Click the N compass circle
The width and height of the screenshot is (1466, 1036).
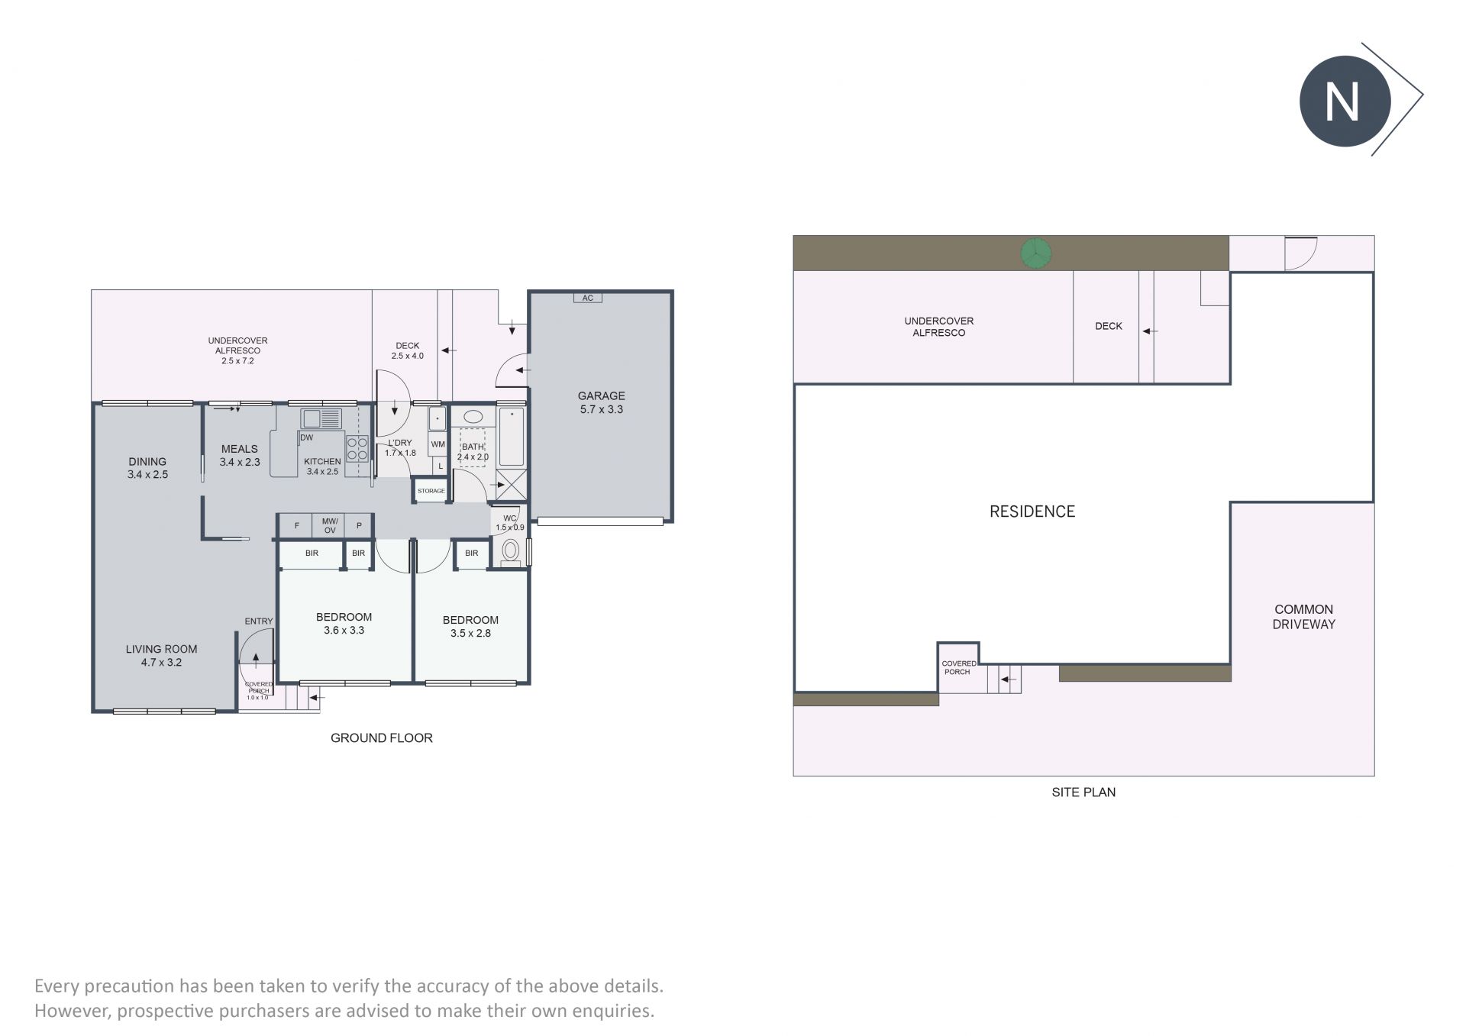pyautogui.click(x=1345, y=101)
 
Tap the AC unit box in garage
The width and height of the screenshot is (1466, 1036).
pyautogui.click(x=588, y=298)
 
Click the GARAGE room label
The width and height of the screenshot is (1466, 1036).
pyautogui.click(x=601, y=395)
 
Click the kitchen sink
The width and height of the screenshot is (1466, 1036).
pyautogui.click(x=321, y=418)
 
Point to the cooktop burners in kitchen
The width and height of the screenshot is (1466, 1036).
pyautogui.click(x=357, y=448)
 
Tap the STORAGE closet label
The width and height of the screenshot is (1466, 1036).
pyautogui.click(x=431, y=491)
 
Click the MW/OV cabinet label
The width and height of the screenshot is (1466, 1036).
pyautogui.click(x=330, y=525)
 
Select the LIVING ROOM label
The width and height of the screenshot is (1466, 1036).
pyautogui.click(x=161, y=649)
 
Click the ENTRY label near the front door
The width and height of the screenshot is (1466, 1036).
pyautogui.click(x=259, y=621)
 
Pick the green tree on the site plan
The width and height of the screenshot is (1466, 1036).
pyautogui.click(x=1035, y=253)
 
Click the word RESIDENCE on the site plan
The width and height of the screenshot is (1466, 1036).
pyautogui.click(x=1032, y=512)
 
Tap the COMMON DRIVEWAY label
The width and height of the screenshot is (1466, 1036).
pyautogui.click(x=1303, y=617)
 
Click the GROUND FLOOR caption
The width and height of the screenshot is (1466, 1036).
pyautogui.click(x=382, y=737)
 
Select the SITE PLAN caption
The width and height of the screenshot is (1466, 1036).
pyautogui.click(x=1083, y=792)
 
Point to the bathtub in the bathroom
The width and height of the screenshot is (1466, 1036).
pyautogui.click(x=511, y=437)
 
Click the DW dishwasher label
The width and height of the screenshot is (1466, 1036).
pyautogui.click(x=306, y=437)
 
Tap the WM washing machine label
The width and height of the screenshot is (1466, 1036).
pyautogui.click(x=438, y=444)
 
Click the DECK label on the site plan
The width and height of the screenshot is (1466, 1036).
pyautogui.click(x=1109, y=326)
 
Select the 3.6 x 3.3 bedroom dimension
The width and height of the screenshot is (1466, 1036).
pyautogui.click(x=344, y=630)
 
